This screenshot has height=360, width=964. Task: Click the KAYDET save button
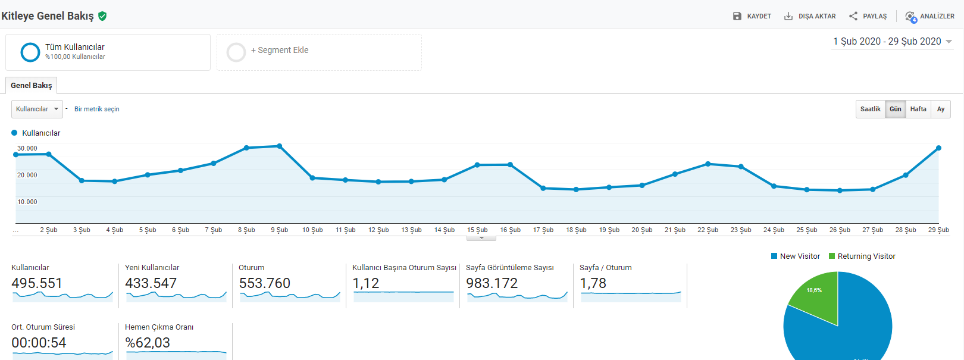(x=752, y=16)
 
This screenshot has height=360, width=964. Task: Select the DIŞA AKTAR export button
(x=810, y=16)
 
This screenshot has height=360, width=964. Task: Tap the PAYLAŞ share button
(x=868, y=16)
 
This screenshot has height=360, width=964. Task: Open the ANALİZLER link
(x=929, y=16)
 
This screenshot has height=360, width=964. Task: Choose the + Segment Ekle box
(x=319, y=52)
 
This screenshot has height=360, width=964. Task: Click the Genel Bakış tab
(x=31, y=86)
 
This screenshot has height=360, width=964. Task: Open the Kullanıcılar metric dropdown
(x=37, y=109)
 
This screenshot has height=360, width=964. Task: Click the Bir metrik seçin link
(x=97, y=109)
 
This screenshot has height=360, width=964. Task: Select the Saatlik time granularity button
(x=870, y=109)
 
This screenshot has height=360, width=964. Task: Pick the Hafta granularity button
(x=918, y=109)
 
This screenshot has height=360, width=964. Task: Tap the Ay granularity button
(x=941, y=109)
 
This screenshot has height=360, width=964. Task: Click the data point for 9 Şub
(x=279, y=146)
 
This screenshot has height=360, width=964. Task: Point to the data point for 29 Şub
(x=938, y=148)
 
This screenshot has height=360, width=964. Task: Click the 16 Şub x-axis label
(x=511, y=230)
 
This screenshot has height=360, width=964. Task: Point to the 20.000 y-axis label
(x=27, y=175)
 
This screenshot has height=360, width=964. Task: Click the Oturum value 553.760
(x=265, y=283)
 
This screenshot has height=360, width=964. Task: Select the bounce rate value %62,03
(x=148, y=343)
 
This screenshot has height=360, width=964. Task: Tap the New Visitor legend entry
(x=796, y=256)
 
